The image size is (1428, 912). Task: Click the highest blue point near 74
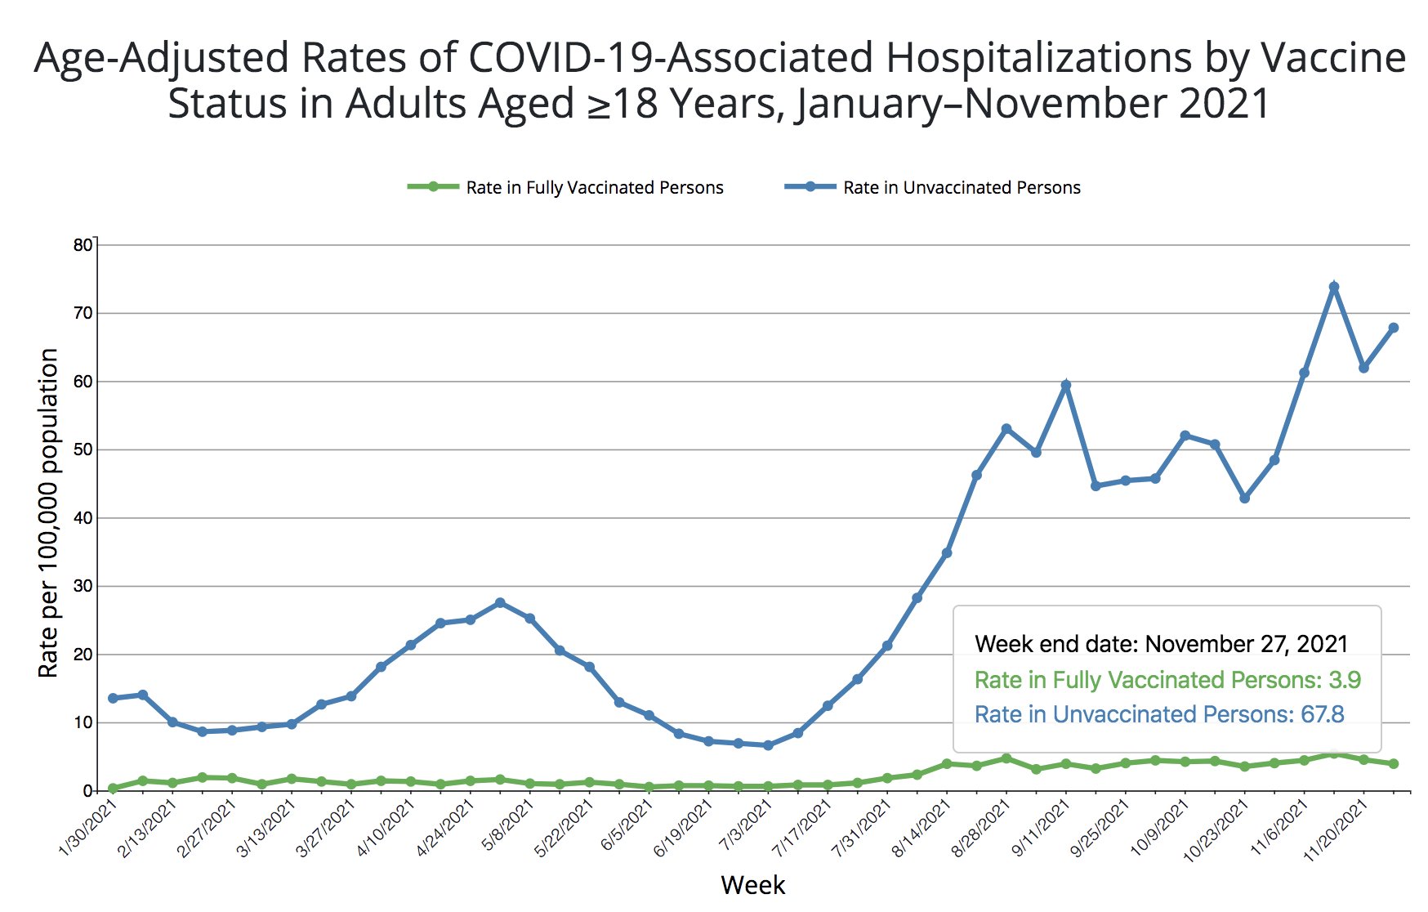pos(1333,287)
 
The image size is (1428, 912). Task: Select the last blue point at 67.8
pos(1393,328)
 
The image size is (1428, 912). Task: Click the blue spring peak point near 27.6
pos(500,602)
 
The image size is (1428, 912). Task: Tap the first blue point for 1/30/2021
pos(113,698)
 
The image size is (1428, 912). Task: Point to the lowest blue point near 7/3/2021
pos(767,745)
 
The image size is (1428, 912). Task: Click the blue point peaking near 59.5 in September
pos(1065,385)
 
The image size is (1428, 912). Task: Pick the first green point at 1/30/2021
pos(113,789)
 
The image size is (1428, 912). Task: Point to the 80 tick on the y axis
pos(83,245)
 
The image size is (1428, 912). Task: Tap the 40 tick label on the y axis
pos(83,518)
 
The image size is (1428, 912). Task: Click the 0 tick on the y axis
pos(87,791)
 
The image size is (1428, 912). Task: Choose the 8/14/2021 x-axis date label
pos(922,829)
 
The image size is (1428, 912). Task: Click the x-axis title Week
pos(752,885)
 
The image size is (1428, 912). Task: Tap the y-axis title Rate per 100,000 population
pos(48,512)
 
